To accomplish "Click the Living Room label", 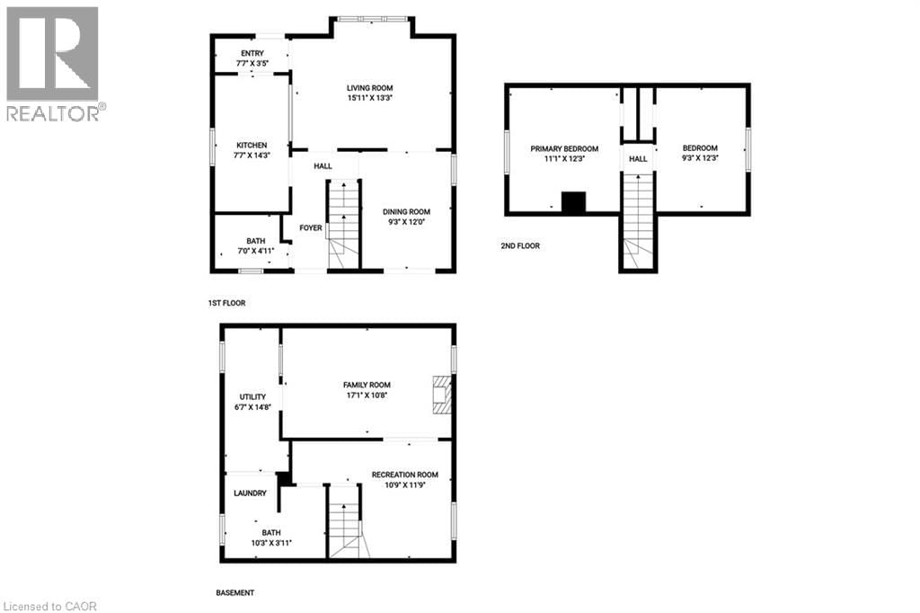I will point(371,88).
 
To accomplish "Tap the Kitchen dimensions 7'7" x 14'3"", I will point(252,155).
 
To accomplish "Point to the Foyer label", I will point(311,228).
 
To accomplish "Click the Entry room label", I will point(252,54).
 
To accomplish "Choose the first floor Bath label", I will point(256,241).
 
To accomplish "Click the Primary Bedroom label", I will point(563,148).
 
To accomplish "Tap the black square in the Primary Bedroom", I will point(573,202).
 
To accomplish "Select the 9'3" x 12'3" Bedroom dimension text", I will point(700,158).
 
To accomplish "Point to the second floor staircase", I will point(637,220).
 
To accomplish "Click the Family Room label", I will point(367,385).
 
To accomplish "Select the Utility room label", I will point(252,396).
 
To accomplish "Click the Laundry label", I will point(250,493).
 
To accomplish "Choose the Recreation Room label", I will point(405,475).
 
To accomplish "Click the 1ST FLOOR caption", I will point(226,304).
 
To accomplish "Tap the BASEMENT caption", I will point(235,593).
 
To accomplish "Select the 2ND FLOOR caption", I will point(520,245).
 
